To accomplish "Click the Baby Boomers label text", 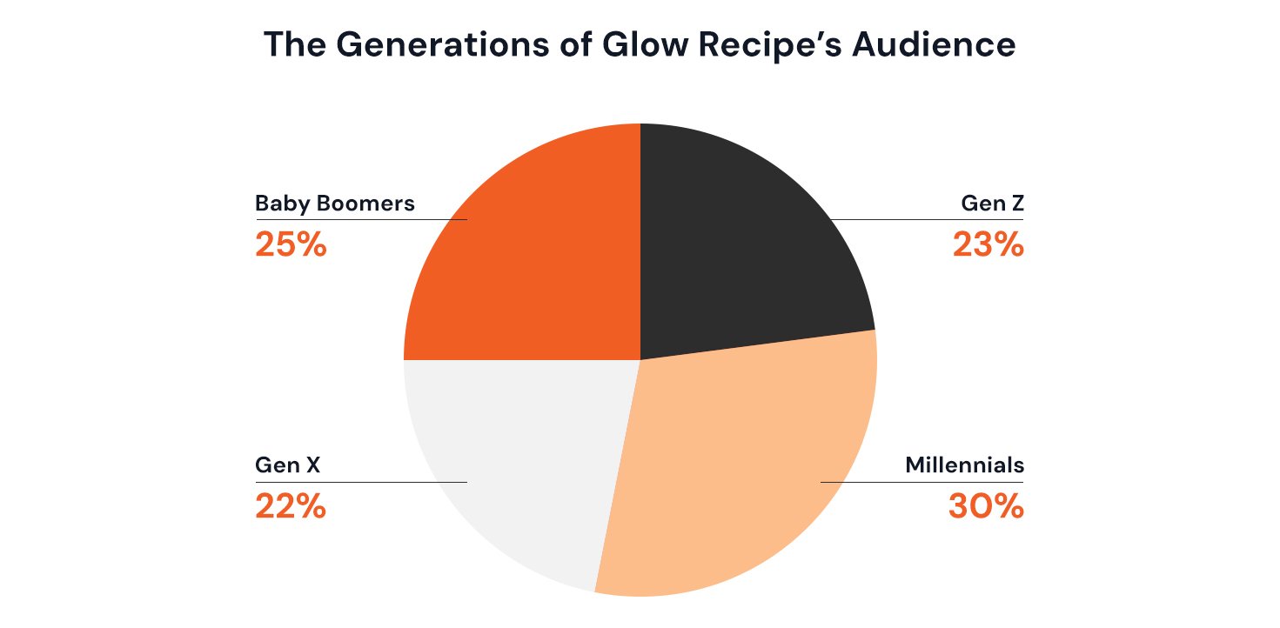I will (335, 204).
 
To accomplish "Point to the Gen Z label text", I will (992, 204).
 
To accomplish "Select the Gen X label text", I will (288, 465).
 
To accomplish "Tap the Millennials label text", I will (964, 465).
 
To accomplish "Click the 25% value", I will (291, 245).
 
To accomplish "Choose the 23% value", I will (988, 245).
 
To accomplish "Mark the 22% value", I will (291, 506).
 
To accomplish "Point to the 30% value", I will (986, 506).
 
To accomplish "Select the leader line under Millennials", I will (922, 481).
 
